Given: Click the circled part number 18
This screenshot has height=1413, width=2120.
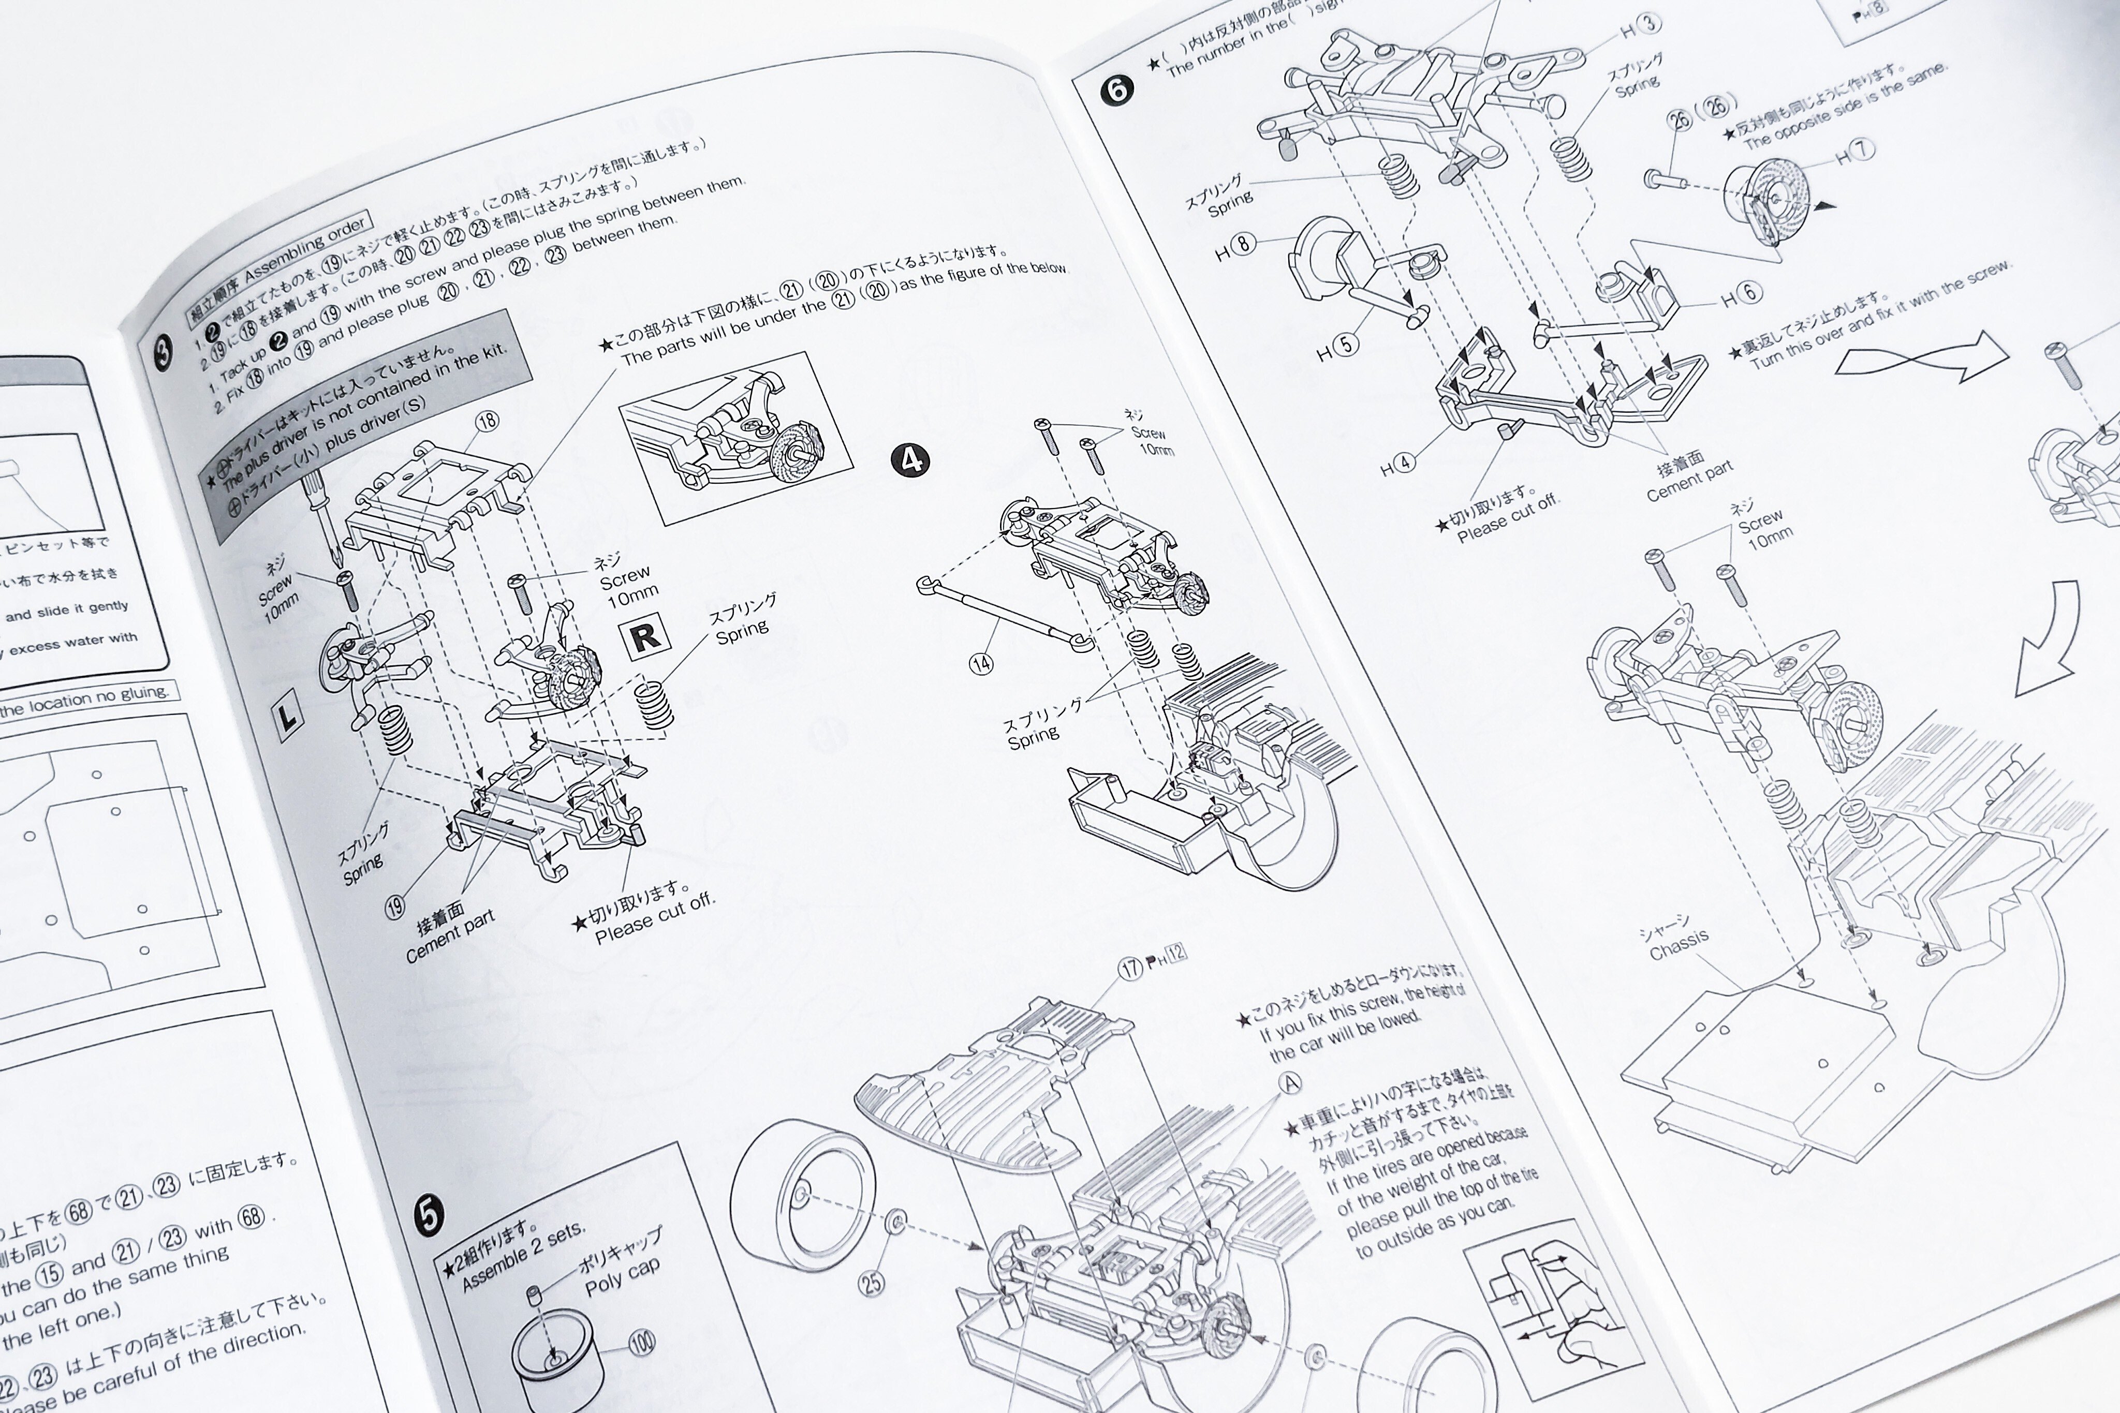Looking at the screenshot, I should tap(487, 420).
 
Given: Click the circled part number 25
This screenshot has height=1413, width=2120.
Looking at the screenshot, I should tap(872, 1282).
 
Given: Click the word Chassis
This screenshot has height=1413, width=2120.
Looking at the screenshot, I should tap(1679, 945).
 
